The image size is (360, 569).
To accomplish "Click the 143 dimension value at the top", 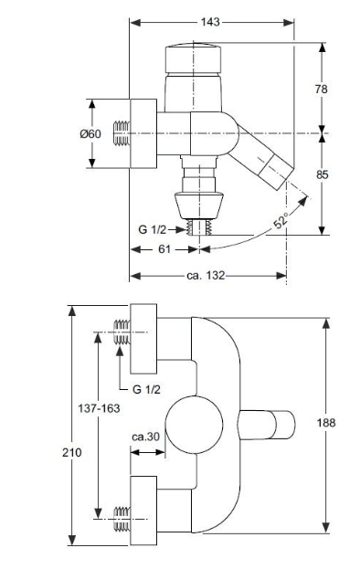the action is pos(210,22).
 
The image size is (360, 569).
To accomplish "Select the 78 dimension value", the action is pos(322,89).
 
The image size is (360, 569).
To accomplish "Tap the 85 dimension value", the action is pos(322,174).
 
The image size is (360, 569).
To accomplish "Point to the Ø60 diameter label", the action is pos(90,134).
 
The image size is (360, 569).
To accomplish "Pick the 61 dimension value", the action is pos(164,249).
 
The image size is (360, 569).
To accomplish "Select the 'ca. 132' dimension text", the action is pos(206,276).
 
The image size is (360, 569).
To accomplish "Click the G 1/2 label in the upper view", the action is pos(152,230).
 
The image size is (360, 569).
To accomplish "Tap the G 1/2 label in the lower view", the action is pos(146,389).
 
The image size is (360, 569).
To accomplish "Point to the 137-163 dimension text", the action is pos(99,408).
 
